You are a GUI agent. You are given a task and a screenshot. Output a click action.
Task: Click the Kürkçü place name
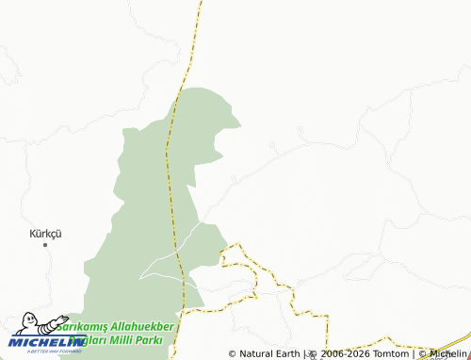point(45,232)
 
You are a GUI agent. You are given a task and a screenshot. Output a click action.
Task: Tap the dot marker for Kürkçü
point(44,244)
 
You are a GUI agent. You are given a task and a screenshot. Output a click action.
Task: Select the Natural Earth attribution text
point(269,353)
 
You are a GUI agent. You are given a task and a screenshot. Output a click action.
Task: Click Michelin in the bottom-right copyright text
point(447,353)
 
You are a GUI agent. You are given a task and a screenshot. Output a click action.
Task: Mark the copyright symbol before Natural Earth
point(233,353)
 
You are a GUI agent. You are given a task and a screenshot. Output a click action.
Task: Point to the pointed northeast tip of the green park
point(239,122)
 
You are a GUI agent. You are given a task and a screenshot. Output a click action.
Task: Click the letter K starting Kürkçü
point(32,232)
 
